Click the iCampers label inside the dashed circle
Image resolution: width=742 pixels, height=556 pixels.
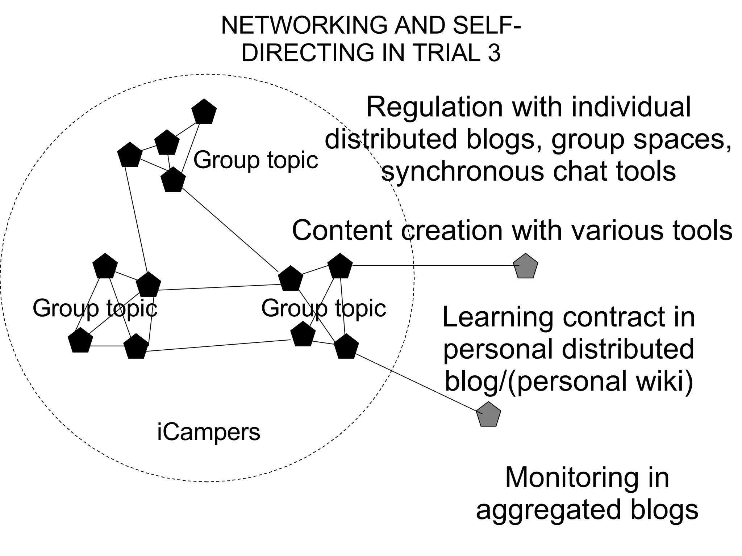pyautogui.click(x=209, y=432)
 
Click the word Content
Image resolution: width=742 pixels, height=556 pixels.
pyautogui.click(x=342, y=231)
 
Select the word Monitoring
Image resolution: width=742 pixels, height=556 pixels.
pyautogui.click(x=571, y=478)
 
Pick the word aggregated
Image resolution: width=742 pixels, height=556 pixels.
pyautogui.click(x=550, y=510)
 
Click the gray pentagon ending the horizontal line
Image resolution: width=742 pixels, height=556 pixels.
pyautogui.click(x=526, y=266)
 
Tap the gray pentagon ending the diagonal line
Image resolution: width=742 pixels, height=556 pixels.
pyautogui.click(x=488, y=415)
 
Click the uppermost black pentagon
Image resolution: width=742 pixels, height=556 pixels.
pyautogui.click(x=204, y=111)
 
